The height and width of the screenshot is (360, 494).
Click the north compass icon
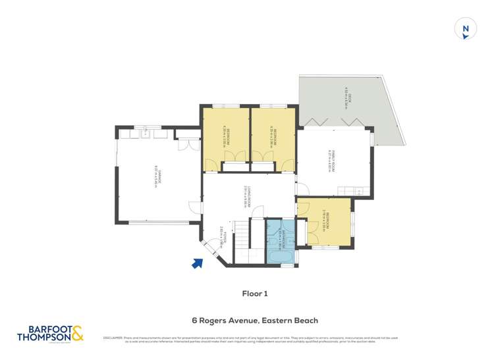466,28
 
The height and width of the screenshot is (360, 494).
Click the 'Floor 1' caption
255,294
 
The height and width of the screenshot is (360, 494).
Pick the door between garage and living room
196,207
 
